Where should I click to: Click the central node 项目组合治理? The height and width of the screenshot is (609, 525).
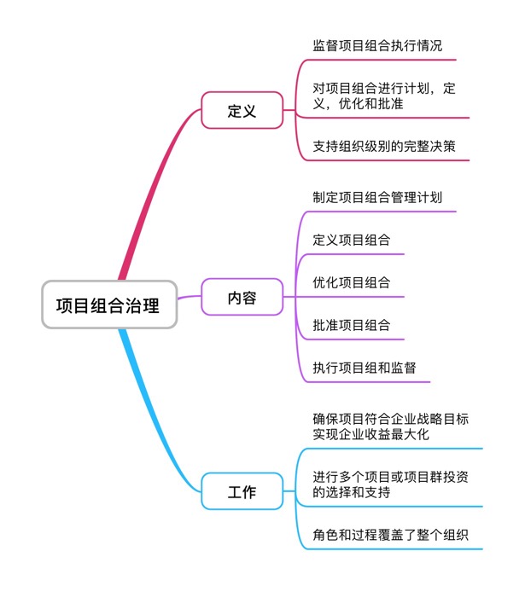pyautogui.click(x=109, y=304)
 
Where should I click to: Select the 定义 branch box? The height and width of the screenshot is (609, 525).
pyautogui.click(x=242, y=111)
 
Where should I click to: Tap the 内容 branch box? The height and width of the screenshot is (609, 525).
pyautogui.click(x=242, y=298)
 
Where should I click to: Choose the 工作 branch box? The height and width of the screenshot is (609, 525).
pyautogui.click(x=242, y=492)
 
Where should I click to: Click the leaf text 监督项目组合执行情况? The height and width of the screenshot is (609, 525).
pyautogui.click(x=377, y=46)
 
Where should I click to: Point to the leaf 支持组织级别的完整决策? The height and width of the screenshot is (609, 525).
pyautogui.click(x=384, y=146)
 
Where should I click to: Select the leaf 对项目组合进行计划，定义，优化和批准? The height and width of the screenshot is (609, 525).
pyautogui.click(x=384, y=96)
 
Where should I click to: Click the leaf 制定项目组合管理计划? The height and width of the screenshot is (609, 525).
pyautogui.click(x=377, y=197)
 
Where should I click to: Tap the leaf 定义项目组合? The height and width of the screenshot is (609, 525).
pyautogui.click(x=352, y=240)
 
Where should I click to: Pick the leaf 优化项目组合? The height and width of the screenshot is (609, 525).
pyautogui.click(x=352, y=282)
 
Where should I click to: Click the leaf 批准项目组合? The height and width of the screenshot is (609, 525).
pyautogui.click(x=352, y=325)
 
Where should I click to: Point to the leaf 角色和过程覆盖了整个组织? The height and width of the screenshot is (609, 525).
pyautogui.click(x=390, y=535)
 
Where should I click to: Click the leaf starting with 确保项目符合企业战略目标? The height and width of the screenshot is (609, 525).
pyautogui.click(x=390, y=426)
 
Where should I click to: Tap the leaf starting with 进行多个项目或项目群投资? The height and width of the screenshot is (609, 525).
pyautogui.click(x=390, y=484)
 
